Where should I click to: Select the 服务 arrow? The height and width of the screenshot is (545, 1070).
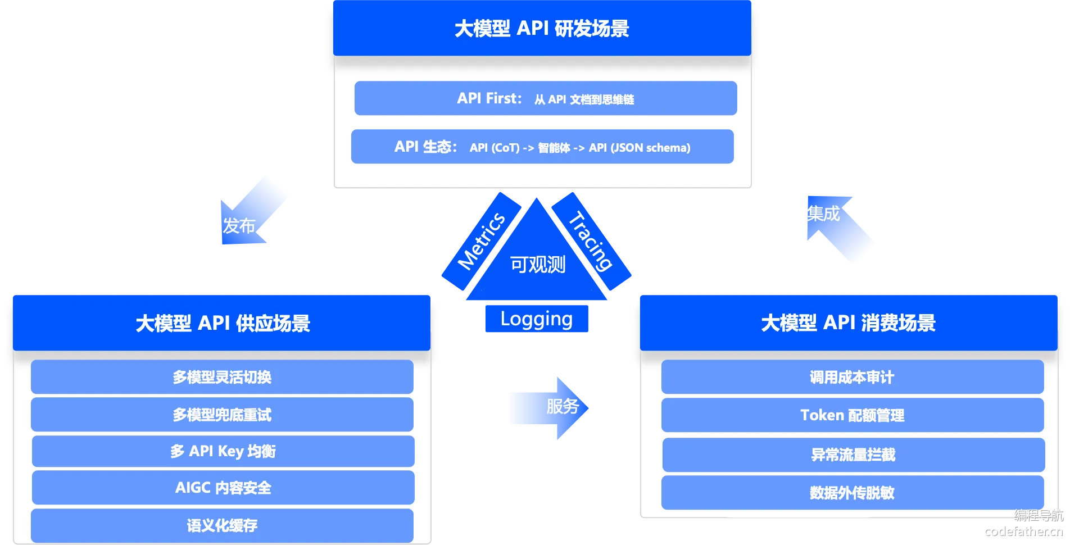click(x=548, y=407)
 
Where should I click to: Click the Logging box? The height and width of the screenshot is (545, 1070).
click(x=536, y=319)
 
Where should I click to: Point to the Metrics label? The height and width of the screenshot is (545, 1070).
click(x=481, y=242)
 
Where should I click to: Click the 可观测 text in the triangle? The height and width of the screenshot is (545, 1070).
click(x=537, y=265)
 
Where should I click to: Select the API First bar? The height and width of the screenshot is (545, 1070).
click(x=545, y=98)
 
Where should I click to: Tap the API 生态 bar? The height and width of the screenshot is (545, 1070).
click(x=542, y=147)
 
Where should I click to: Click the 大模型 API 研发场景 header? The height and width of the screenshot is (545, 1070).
click(x=542, y=28)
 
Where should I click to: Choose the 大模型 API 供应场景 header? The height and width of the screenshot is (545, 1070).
click(x=222, y=323)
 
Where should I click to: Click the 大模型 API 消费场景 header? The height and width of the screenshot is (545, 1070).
click(x=848, y=323)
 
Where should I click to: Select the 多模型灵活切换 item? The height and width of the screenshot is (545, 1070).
click(x=222, y=377)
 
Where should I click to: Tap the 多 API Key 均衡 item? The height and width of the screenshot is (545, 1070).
click(x=223, y=451)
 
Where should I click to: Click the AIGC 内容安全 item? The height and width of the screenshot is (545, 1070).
click(x=223, y=488)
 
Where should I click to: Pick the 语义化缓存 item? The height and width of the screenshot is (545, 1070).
click(x=222, y=525)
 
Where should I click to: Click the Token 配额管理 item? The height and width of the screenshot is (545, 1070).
click(x=852, y=415)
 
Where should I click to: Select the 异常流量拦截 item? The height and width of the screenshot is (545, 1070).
click(x=853, y=455)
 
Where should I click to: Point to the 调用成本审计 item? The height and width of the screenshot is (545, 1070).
click(x=852, y=377)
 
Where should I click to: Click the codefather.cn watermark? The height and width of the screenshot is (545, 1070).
click(x=1024, y=531)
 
